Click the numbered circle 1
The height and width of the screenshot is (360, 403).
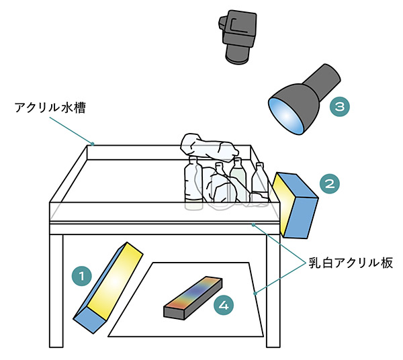coord(81,275)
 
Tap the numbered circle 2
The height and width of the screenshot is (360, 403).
coord(328,182)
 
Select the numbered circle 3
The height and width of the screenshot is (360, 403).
coord(340,105)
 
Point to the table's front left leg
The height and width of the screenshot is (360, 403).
coord(57,289)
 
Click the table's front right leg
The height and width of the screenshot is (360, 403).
coord(273,289)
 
